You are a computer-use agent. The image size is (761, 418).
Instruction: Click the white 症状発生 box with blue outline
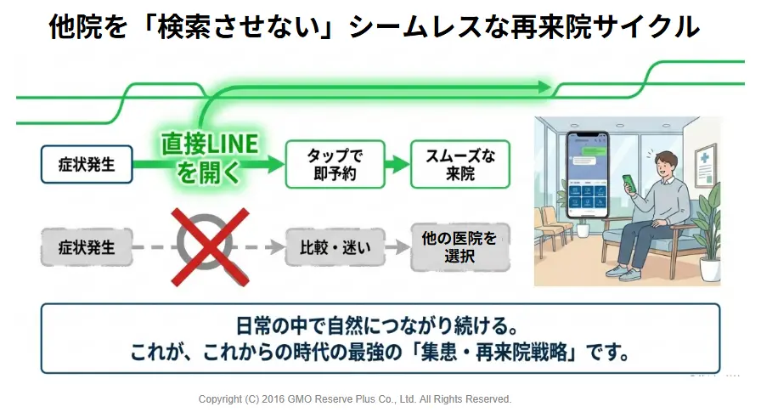point(87,164)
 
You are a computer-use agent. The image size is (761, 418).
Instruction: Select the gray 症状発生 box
point(87,247)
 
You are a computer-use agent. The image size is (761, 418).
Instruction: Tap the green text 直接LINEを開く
point(210,158)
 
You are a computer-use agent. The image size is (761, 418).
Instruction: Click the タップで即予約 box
point(335,164)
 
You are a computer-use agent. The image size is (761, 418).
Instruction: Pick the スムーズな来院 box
point(460,164)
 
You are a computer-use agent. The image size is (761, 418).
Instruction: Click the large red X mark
point(210,247)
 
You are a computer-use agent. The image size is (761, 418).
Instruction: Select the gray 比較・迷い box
point(335,247)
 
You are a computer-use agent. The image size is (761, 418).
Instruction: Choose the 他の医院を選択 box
point(460,247)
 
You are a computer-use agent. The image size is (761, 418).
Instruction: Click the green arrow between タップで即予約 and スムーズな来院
point(397,164)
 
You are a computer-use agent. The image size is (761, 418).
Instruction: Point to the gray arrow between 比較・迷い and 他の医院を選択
point(397,247)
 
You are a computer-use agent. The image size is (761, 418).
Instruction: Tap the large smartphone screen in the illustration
point(588,175)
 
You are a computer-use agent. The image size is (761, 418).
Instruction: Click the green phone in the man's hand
point(629,184)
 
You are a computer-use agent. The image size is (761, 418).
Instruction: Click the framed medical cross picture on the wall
point(705,165)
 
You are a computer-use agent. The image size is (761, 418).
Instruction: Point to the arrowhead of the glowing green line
point(544,88)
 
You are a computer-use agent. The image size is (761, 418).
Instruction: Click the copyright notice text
point(355,399)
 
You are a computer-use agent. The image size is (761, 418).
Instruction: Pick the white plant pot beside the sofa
point(709,269)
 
